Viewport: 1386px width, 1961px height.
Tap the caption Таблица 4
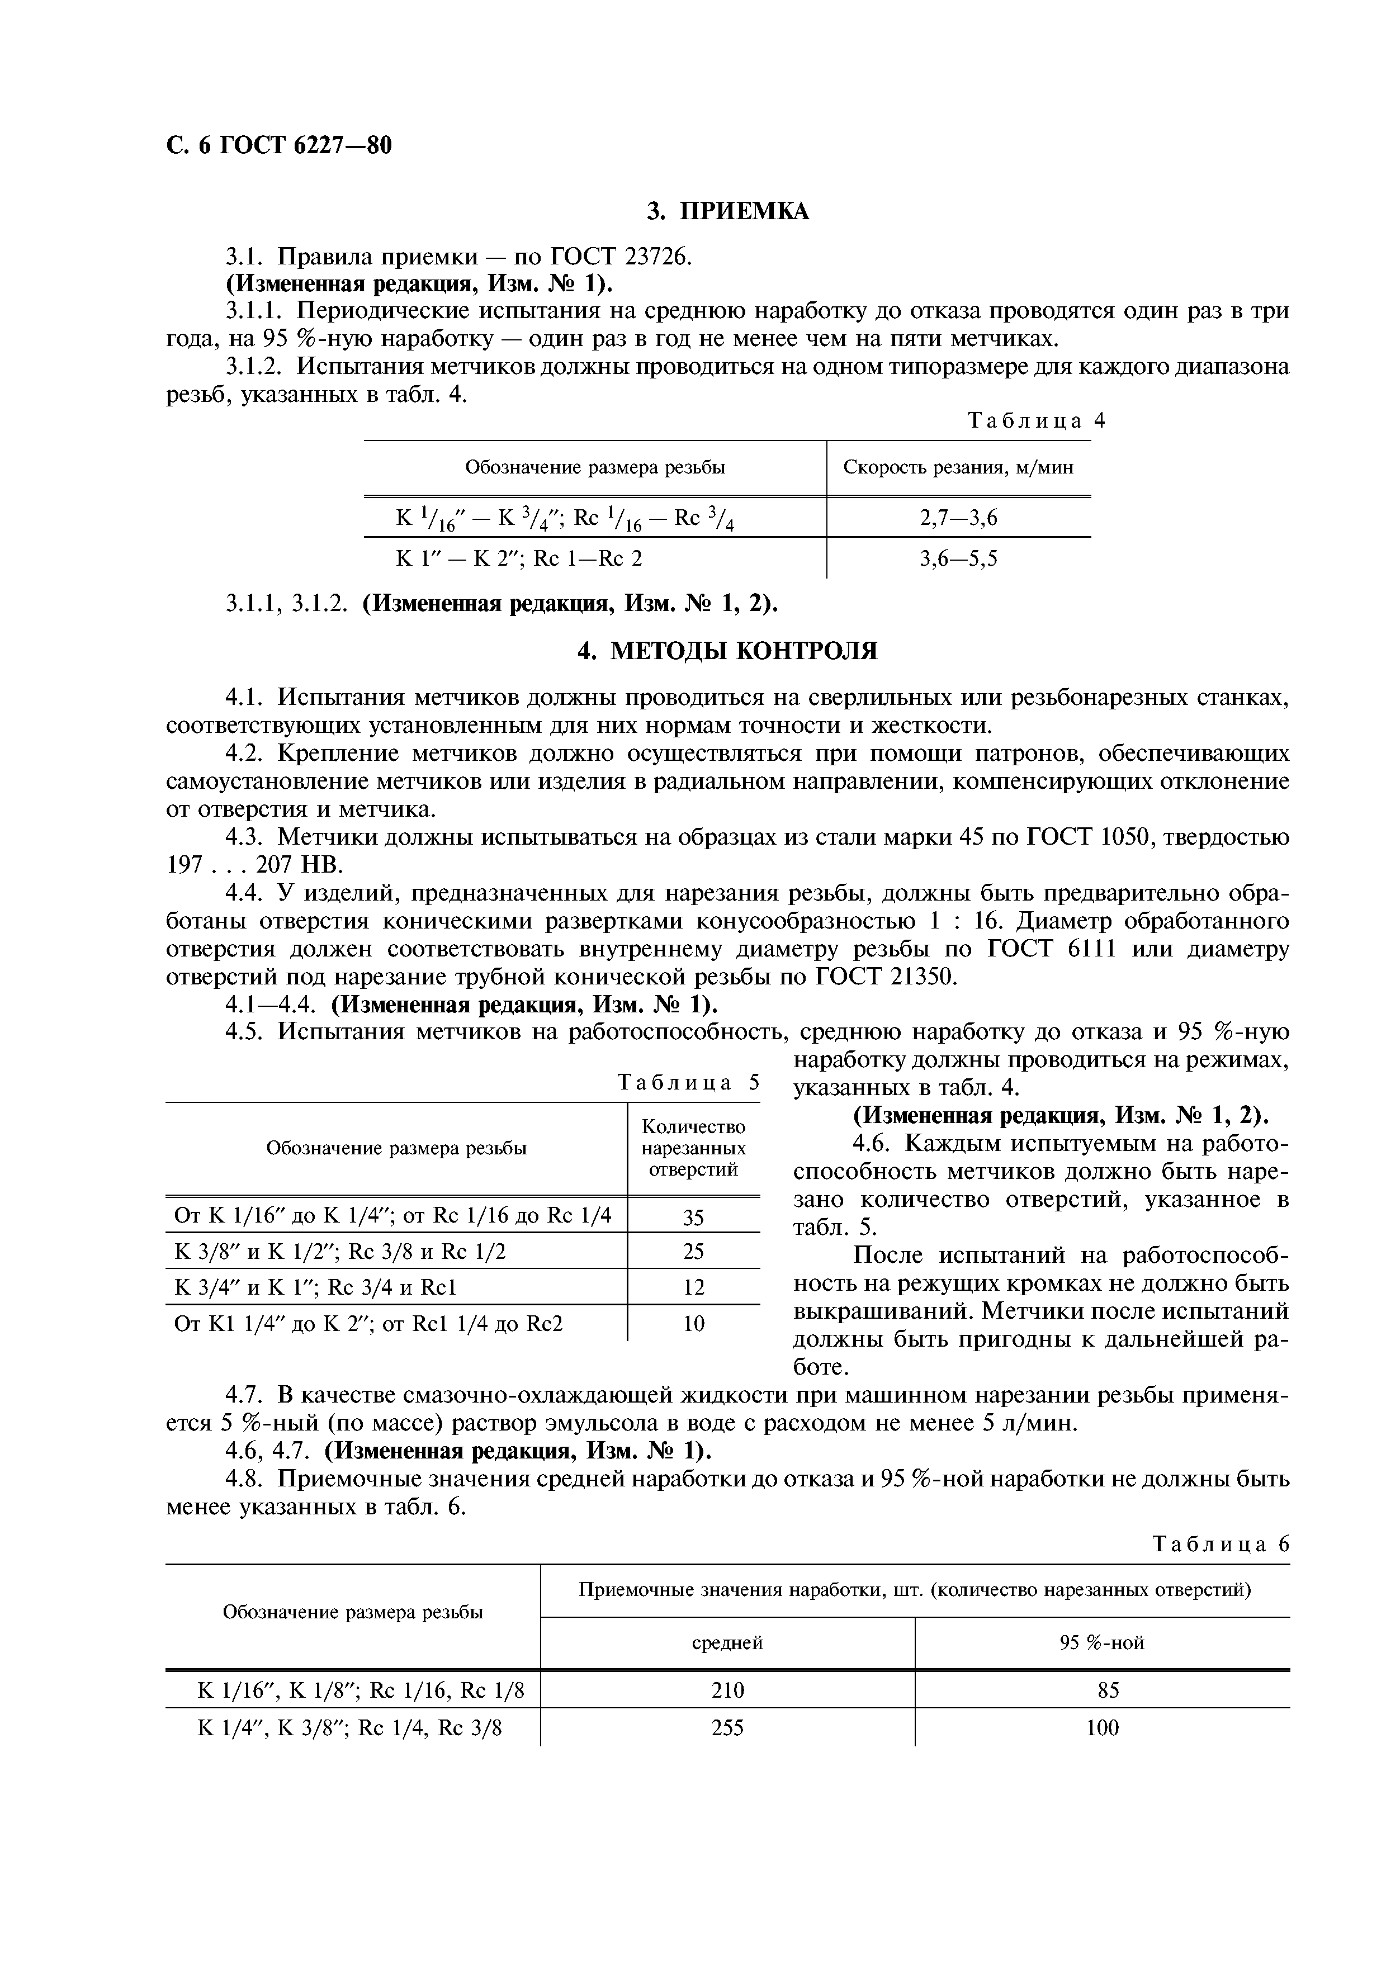tap(1036, 420)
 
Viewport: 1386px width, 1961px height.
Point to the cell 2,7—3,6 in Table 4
tap(958, 518)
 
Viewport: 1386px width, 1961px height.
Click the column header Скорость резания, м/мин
tap(958, 467)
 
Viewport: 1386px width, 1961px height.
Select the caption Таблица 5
tap(688, 1083)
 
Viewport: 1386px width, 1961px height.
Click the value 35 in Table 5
tap(693, 1217)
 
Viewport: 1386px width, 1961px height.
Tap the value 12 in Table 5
tap(693, 1287)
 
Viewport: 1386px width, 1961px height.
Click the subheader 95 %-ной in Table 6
tap(1101, 1642)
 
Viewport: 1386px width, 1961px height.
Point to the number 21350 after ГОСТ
tap(923, 976)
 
